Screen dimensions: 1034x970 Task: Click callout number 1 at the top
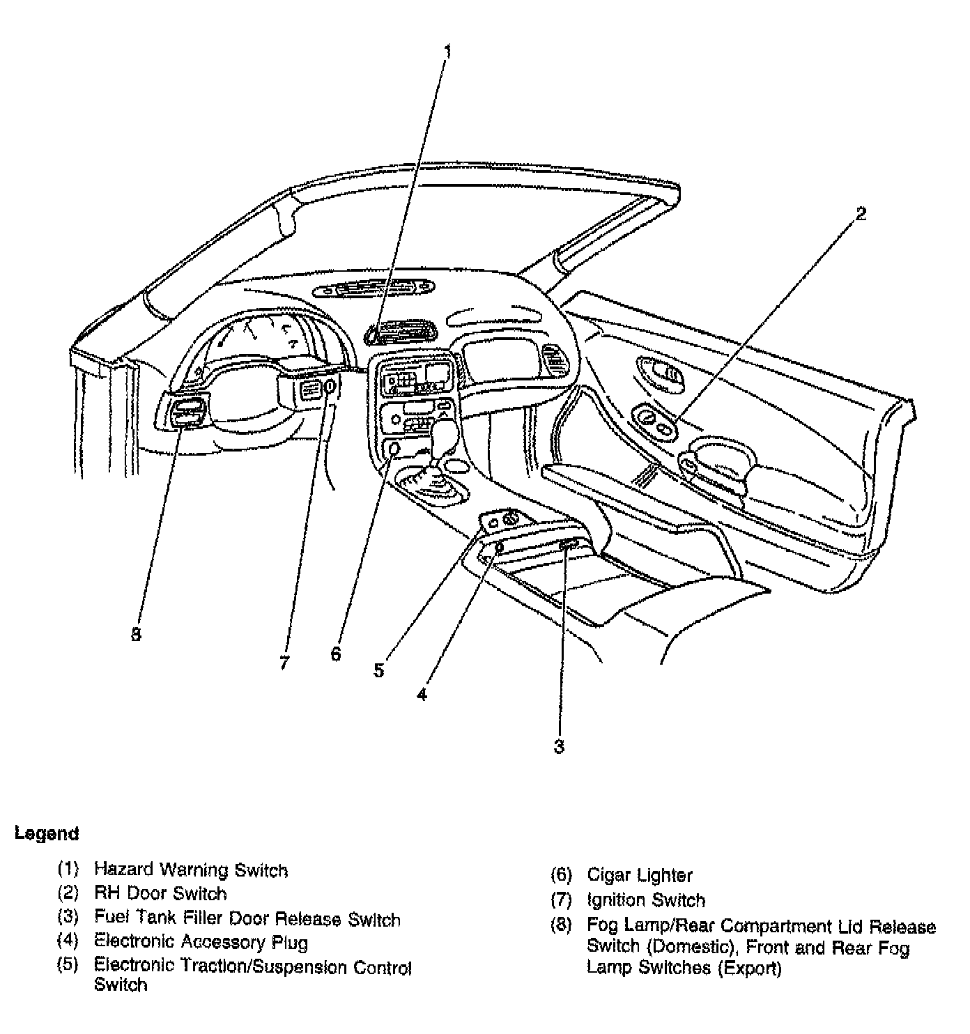pos(447,52)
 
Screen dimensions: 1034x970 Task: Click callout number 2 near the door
pos(861,214)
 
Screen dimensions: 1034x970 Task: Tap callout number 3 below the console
pos(559,746)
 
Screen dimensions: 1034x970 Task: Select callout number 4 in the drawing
pos(422,694)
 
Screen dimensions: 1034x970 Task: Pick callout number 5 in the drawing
pos(378,670)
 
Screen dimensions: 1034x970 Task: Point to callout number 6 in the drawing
pos(336,654)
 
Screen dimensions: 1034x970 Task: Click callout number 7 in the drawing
pos(284,662)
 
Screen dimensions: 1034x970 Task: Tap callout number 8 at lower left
pos(136,634)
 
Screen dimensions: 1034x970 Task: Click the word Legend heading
pos(47,833)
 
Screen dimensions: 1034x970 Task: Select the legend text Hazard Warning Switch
pos(190,870)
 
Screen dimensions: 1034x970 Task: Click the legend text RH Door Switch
pos(160,893)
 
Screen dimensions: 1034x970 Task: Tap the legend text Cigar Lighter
pos(639,875)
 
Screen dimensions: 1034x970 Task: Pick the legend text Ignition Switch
pos(645,900)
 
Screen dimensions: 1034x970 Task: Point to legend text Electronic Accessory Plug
pos(201,942)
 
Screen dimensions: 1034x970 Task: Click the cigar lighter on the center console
pos(394,449)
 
